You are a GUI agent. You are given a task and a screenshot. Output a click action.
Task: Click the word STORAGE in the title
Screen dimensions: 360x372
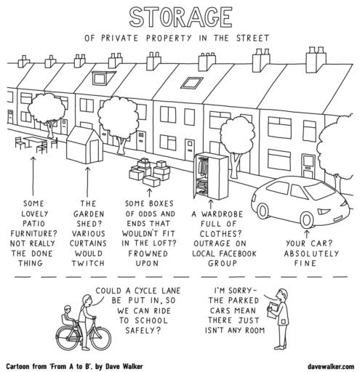tap(180, 17)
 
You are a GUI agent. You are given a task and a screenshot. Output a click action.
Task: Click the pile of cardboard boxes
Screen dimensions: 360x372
tap(149, 171)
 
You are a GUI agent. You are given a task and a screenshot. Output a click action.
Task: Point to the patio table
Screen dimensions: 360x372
tap(36, 141)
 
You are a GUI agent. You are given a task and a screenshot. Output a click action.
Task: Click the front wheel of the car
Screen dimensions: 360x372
tap(307, 219)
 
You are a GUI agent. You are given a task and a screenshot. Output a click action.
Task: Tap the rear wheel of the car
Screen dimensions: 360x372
tap(262, 211)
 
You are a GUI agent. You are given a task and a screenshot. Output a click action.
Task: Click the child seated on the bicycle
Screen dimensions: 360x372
tap(67, 315)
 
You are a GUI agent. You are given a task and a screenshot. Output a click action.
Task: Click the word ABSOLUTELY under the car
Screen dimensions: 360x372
tap(311, 254)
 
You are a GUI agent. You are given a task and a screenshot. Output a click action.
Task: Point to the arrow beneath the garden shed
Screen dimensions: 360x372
tap(88, 182)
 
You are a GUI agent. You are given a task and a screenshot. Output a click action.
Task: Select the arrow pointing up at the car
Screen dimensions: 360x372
tap(307, 234)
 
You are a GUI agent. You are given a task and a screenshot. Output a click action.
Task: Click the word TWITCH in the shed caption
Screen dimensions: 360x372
tap(88, 263)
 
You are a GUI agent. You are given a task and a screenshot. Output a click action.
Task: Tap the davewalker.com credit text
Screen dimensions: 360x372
tap(331, 367)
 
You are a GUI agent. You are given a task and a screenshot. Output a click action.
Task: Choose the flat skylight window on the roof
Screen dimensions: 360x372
tap(191, 83)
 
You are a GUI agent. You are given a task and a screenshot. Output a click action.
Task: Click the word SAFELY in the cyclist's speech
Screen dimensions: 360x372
tap(143, 331)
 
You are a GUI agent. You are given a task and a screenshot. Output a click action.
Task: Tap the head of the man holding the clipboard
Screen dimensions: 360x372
tap(282, 295)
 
